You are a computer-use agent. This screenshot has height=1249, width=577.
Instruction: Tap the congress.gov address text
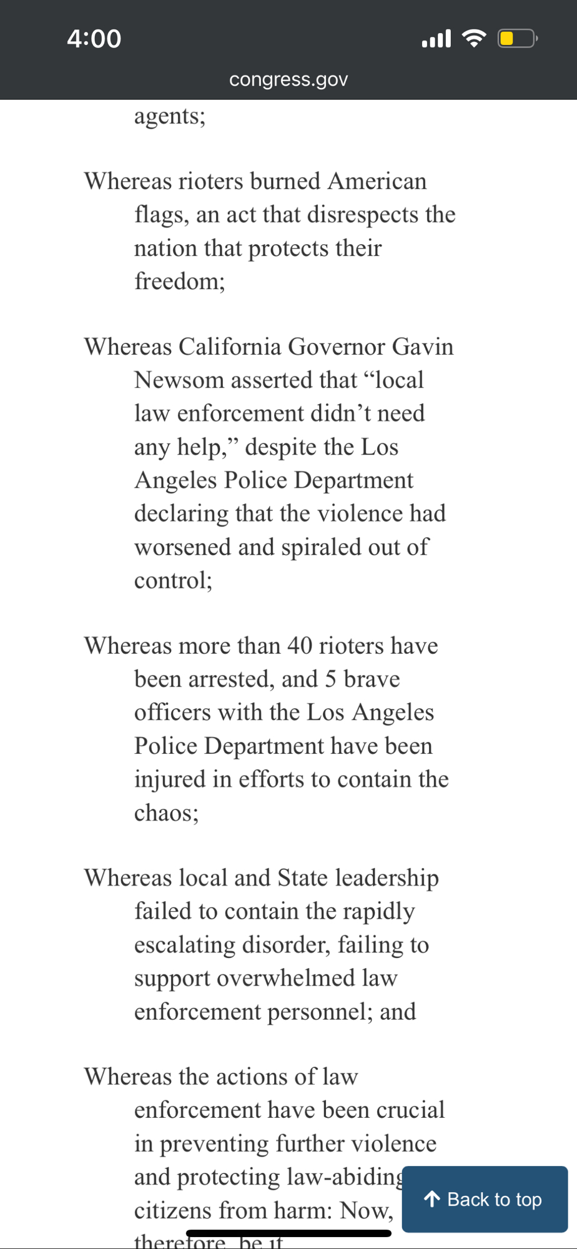288,79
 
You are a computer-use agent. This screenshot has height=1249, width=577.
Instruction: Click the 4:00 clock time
94,39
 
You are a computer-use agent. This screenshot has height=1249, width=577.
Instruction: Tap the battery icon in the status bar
516,39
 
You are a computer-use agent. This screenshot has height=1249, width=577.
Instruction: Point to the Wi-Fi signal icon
474,39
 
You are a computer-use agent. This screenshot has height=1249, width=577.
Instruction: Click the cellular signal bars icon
436,39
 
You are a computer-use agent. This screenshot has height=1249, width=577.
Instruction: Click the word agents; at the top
169,116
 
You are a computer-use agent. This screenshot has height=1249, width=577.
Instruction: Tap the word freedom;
179,281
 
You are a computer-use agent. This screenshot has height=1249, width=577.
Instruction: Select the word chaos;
166,812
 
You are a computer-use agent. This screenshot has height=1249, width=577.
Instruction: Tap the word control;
173,580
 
